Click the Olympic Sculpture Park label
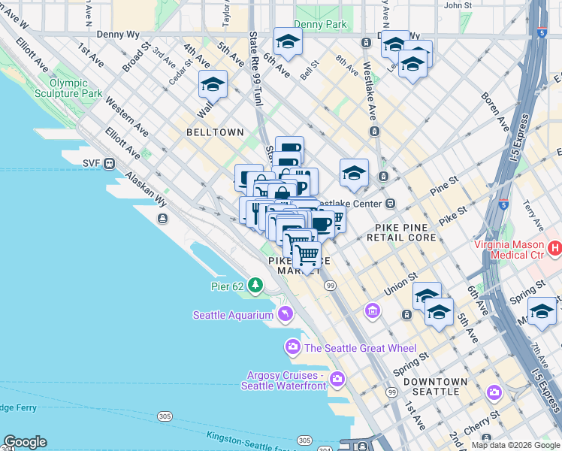(x=75, y=88)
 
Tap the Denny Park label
(x=320, y=24)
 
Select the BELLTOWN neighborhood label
(x=216, y=132)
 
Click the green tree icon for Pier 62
(x=256, y=285)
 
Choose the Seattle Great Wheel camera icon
(x=292, y=347)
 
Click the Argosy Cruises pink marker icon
(x=337, y=378)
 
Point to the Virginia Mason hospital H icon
(x=554, y=247)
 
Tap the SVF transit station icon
(x=109, y=162)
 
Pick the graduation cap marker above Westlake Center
(x=354, y=172)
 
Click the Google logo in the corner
(x=24, y=442)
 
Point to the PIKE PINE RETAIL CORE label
(x=401, y=232)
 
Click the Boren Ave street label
(x=497, y=108)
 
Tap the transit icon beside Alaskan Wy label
(x=162, y=218)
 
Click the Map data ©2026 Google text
(x=515, y=445)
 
